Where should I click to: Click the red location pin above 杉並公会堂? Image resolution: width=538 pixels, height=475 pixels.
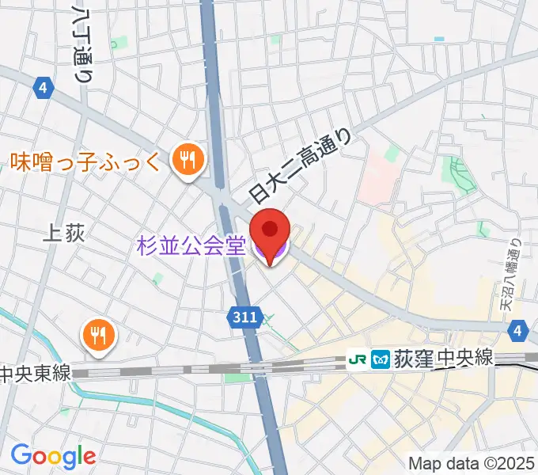coord(269,231)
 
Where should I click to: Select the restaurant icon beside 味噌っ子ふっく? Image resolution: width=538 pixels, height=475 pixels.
coord(188,161)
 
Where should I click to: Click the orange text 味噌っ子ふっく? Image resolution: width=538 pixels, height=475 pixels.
coord(86,163)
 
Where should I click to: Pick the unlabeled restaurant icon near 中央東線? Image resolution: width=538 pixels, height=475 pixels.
coord(99,335)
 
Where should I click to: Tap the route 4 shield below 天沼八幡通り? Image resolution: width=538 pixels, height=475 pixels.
coord(517,330)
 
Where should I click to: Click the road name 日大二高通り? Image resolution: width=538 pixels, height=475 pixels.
coord(298,168)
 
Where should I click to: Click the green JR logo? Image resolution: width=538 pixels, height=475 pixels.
coord(357,360)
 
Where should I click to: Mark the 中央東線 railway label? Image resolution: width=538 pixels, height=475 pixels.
coord(35,372)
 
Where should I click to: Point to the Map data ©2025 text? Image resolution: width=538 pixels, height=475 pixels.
coord(472,462)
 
